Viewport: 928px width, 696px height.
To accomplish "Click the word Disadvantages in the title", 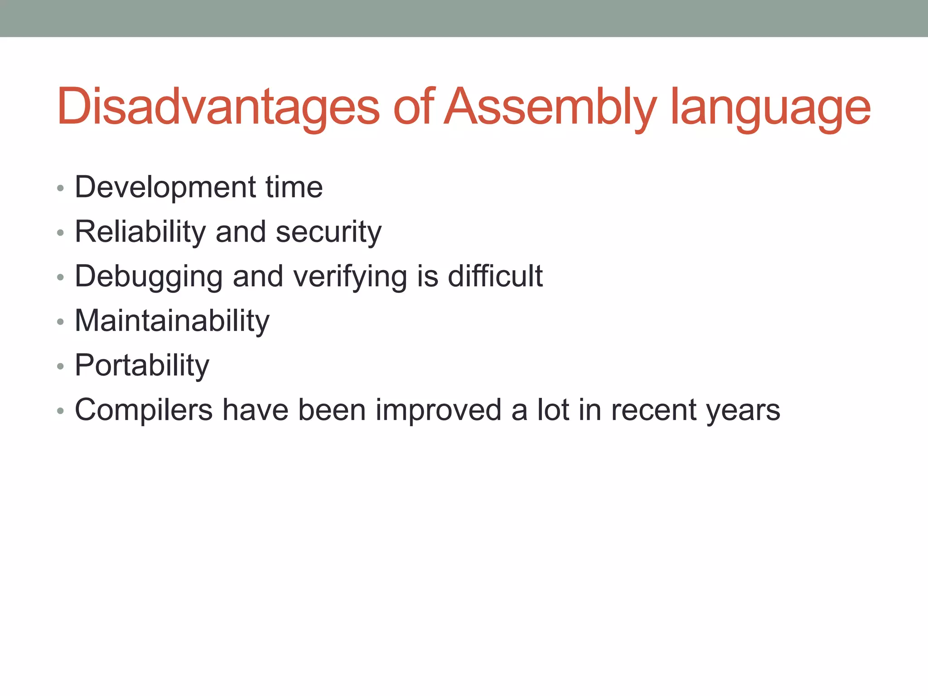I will (x=218, y=107).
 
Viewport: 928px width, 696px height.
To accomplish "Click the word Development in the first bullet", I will (x=165, y=187).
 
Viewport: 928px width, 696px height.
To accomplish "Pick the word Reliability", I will (x=140, y=232).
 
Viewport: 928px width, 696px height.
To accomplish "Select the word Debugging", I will (x=149, y=277).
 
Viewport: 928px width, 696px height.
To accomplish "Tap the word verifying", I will (x=350, y=277).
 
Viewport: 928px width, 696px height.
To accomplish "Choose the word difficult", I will (x=495, y=276).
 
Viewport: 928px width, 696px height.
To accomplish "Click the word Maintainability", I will (x=172, y=321).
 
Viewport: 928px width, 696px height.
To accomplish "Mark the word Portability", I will (x=142, y=366).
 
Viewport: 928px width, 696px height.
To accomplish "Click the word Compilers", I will (x=144, y=411).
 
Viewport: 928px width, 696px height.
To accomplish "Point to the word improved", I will (x=438, y=411).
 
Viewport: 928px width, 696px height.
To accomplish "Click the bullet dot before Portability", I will (x=60, y=366).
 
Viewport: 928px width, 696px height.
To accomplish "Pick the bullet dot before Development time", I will (x=60, y=188).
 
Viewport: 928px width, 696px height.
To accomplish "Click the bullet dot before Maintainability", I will (x=60, y=322).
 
